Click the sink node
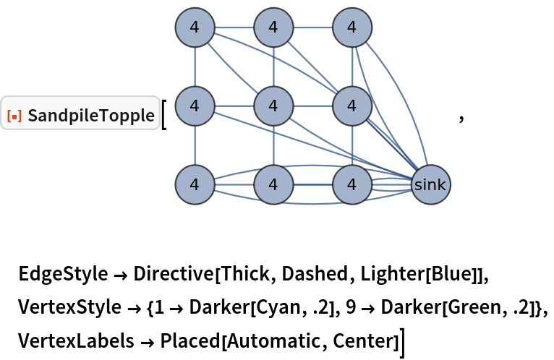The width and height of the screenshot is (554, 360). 430,184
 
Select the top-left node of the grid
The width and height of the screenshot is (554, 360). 195,27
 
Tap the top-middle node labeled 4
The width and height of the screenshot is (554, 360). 273,27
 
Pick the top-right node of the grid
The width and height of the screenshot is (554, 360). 352,27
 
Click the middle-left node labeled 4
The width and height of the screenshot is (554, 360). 195,106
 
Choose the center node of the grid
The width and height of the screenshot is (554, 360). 273,106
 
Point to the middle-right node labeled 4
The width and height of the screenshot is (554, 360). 352,106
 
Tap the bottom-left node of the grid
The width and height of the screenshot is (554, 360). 195,184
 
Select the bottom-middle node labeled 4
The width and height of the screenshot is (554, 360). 273,184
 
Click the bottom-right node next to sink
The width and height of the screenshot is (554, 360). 352,184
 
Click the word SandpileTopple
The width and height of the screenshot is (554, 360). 91,114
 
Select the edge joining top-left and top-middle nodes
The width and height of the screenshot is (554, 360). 234,27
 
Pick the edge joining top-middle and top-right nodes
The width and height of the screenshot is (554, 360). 312,27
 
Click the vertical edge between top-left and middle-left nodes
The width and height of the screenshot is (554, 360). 195,67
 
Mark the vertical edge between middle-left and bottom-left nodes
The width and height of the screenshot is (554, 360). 195,145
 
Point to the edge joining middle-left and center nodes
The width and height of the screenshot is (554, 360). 234,106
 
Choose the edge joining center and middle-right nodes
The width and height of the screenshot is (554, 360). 312,106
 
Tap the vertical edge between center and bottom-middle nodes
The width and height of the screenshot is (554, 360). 273,145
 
